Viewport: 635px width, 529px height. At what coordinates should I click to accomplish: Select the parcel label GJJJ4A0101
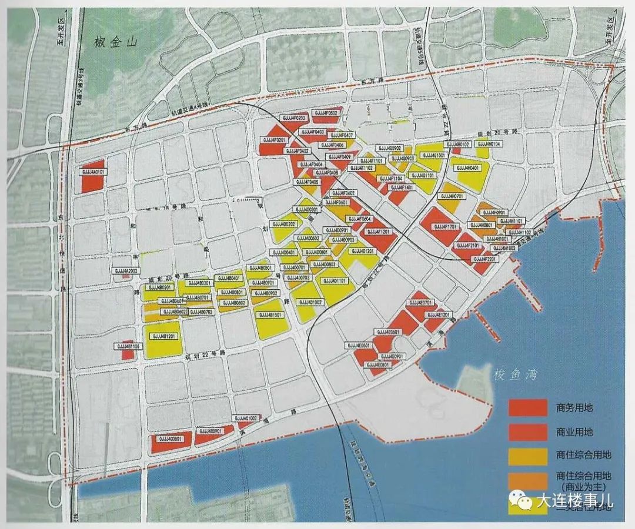point(92,172)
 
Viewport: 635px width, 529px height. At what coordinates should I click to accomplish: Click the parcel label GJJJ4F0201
point(272,140)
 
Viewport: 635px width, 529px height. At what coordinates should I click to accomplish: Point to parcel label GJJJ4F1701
point(444,226)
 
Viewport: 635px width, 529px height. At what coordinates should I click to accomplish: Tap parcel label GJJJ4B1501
point(271,315)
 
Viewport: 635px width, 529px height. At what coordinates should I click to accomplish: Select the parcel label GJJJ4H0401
point(467,168)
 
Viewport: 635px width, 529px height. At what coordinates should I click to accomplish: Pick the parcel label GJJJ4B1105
point(127,347)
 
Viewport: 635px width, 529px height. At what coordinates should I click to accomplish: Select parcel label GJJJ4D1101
point(334,281)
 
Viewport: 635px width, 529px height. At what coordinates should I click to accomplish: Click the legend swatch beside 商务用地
point(527,407)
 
